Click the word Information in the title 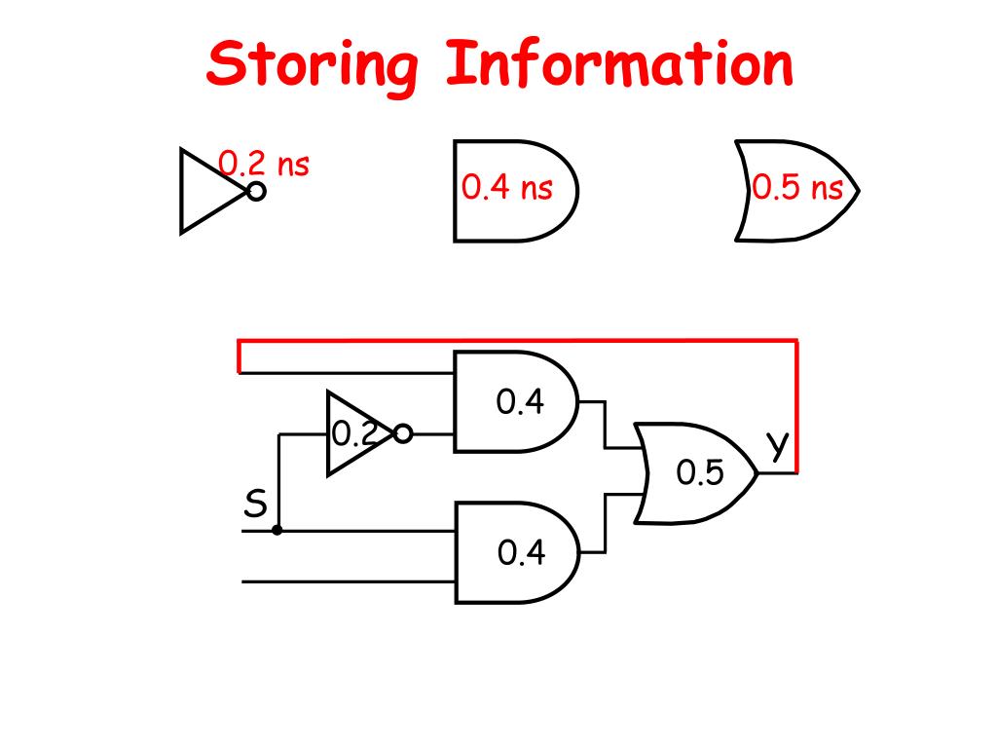click(619, 64)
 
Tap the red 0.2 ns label click(264, 163)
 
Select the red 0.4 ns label click(506, 186)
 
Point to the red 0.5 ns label click(797, 187)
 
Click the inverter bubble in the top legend click(256, 191)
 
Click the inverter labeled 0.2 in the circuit click(355, 433)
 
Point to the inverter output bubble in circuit click(403, 434)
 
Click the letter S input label click(255, 505)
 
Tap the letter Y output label click(777, 445)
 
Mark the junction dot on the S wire click(277, 531)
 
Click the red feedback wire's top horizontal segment click(516, 342)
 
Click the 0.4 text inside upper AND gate click(521, 401)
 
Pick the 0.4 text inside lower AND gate click(521, 553)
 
